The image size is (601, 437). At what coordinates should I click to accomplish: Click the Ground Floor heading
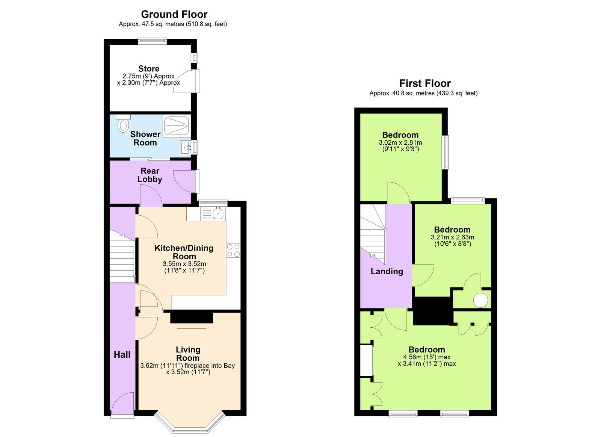(174, 14)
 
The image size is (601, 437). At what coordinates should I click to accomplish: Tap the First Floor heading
(424, 83)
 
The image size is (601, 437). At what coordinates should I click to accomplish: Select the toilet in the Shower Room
(123, 124)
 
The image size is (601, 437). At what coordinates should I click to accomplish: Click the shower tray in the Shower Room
(176, 126)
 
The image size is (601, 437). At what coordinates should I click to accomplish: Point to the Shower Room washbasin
(186, 147)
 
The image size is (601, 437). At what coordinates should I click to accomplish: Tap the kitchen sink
(218, 214)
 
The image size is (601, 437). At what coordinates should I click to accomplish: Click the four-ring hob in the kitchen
(233, 251)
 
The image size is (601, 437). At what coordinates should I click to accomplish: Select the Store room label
(149, 69)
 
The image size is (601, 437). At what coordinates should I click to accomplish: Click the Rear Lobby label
(150, 175)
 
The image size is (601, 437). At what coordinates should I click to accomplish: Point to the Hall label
(122, 354)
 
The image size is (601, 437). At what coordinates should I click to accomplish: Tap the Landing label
(387, 271)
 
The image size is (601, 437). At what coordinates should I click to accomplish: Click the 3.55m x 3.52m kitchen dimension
(184, 264)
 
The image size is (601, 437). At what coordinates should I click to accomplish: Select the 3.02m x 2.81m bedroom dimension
(400, 143)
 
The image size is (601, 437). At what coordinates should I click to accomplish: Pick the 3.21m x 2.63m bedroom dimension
(452, 237)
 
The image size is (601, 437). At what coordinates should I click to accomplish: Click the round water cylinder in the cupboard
(480, 300)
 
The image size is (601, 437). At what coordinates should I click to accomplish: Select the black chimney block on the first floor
(432, 311)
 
